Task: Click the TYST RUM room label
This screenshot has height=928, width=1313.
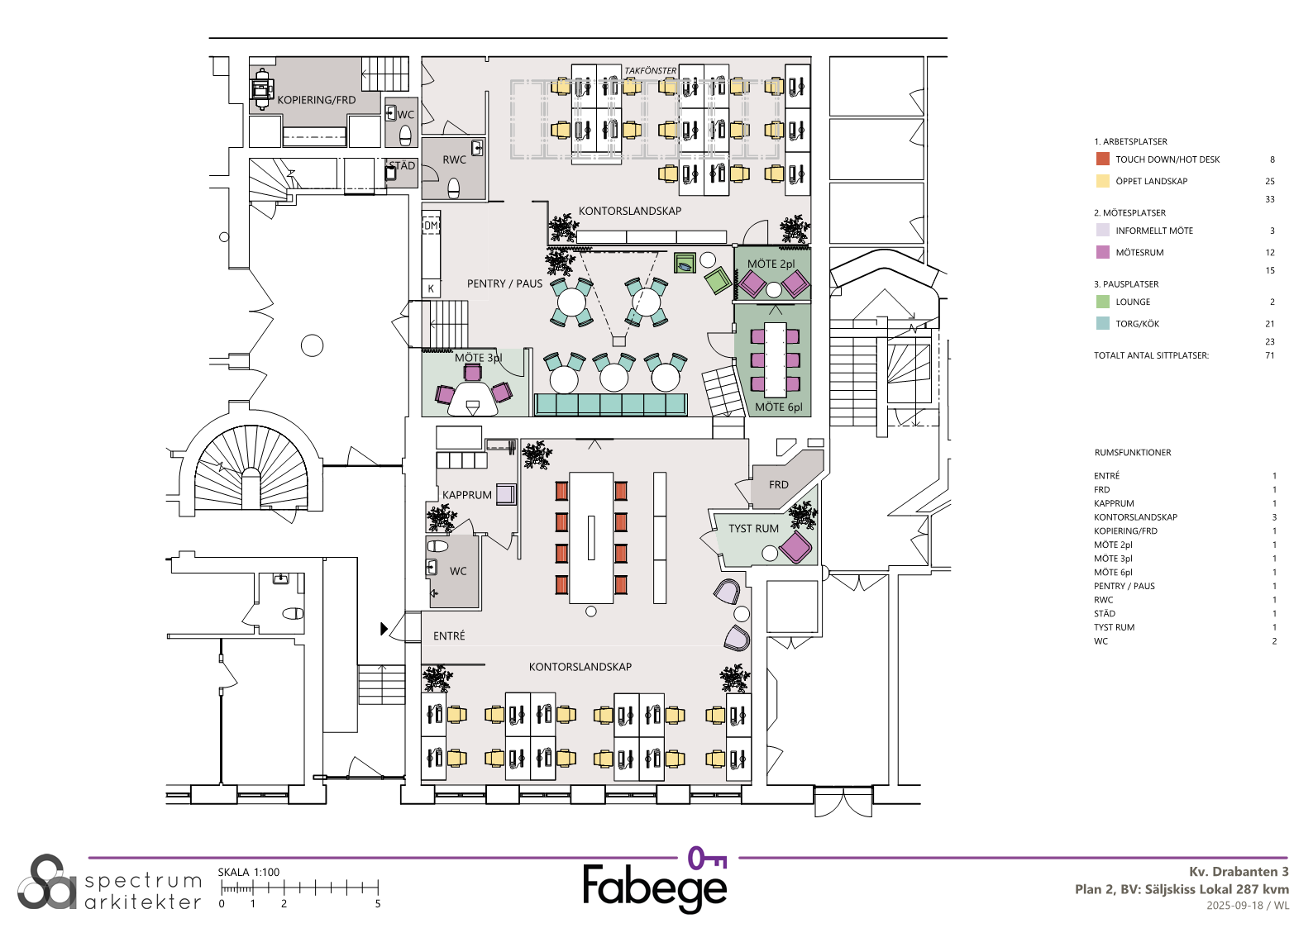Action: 753,528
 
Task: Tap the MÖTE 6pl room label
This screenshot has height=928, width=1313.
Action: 778,407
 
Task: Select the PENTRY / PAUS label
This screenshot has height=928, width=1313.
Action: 504,283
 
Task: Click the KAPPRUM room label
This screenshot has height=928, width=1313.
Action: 467,494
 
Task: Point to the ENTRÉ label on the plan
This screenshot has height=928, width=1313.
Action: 449,635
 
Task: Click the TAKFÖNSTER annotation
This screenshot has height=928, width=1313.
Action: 650,70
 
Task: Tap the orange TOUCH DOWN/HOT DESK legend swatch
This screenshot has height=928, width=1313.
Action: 1102,159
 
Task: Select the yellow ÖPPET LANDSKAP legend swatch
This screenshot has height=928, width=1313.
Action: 1102,180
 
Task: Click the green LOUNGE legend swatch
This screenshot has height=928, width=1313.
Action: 1102,301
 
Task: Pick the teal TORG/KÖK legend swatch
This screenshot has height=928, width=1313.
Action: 1102,323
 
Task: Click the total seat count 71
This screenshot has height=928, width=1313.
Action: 1270,355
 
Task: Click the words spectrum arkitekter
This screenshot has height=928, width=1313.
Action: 143,891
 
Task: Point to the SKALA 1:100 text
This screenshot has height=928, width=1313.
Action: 249,872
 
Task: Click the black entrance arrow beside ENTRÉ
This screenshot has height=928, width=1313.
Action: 384,629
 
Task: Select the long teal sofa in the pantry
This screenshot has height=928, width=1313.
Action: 611,404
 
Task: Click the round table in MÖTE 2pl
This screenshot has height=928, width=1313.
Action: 774,289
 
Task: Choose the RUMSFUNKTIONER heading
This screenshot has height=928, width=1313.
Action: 1133,452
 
